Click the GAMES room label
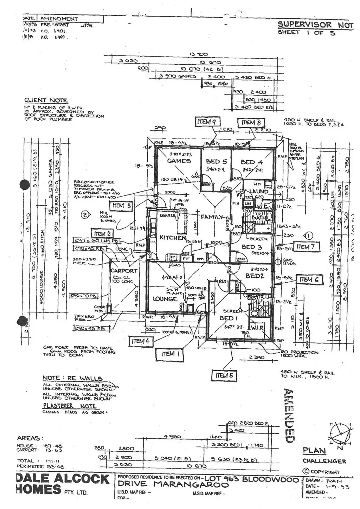[179, 161]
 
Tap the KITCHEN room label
[172, 238]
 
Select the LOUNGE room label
[165, 299]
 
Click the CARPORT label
[124, 271]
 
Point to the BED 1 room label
[227, 318]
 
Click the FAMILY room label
[212, 217]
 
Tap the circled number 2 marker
[84, 214]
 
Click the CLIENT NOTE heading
[46, 101]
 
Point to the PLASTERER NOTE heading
[69, 406]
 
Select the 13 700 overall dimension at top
[199, 54]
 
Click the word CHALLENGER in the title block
[324, 461]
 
